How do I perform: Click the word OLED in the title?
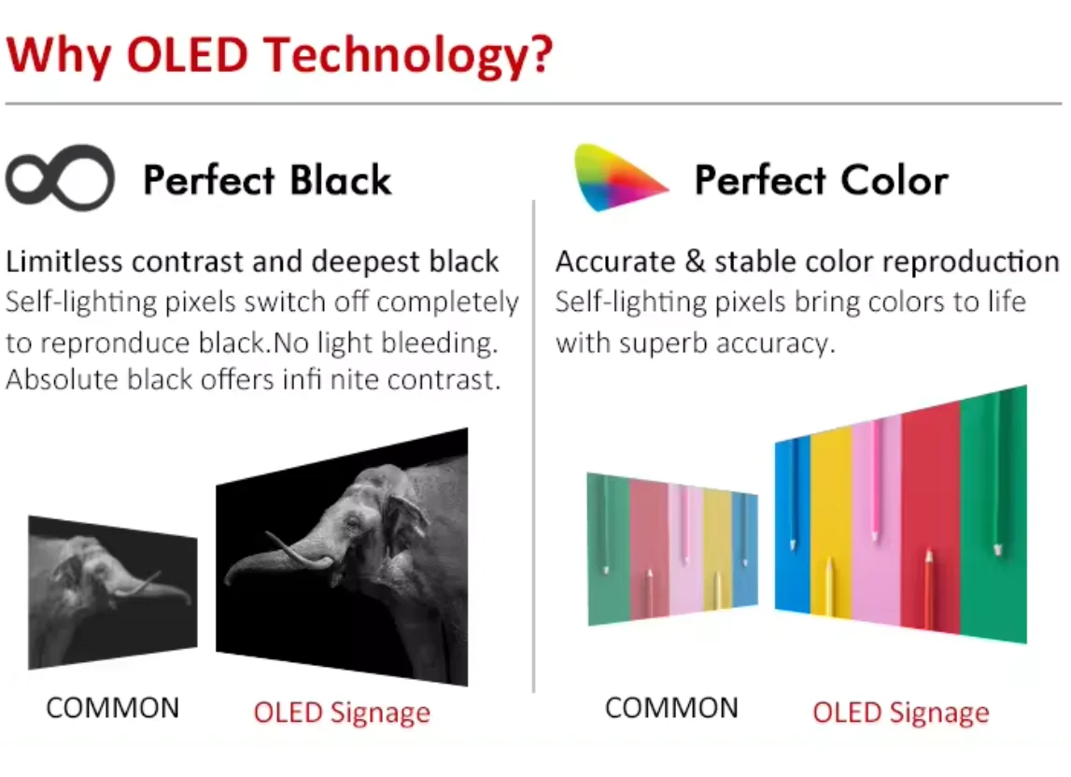point(187,54)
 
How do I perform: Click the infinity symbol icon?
point(60,177)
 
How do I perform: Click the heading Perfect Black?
point(267,180)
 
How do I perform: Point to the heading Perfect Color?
point(822,180)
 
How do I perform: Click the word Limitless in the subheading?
point(65,261)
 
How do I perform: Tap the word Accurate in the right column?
point(615,261)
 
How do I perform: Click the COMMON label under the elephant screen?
point(113,708)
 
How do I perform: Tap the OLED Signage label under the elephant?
point(342,713)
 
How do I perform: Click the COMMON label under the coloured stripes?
point(671,708)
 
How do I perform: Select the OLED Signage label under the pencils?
point(901,713)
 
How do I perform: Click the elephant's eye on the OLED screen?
point(352,524)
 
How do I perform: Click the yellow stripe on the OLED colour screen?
point(831,523)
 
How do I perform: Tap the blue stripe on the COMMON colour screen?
point(744,549)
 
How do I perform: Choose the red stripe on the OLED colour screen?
point(930,517)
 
